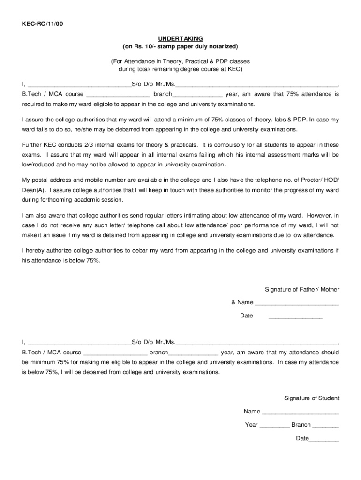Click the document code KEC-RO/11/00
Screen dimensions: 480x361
[42, 24]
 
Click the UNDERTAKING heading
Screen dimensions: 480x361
[180, 38]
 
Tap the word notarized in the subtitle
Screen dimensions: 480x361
[223, 46]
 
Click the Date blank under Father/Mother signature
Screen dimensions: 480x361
[295, 316]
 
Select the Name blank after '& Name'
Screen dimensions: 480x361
[297, 303]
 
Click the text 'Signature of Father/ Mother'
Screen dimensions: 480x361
[302, 289]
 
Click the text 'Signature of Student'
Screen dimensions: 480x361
[312, 398]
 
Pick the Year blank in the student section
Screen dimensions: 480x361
[274, 425]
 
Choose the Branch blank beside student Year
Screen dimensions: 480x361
[325, 425]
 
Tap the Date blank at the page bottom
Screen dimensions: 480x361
[323, 439]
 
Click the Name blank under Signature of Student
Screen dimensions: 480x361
[300, 412]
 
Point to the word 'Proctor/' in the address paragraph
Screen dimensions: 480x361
[307, 180]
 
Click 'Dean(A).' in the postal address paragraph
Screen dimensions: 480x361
[34, 190]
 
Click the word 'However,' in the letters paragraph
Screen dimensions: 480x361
[319, 215]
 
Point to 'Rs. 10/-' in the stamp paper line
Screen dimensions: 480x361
[144, 46]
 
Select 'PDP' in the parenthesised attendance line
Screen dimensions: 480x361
[209, 61]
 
